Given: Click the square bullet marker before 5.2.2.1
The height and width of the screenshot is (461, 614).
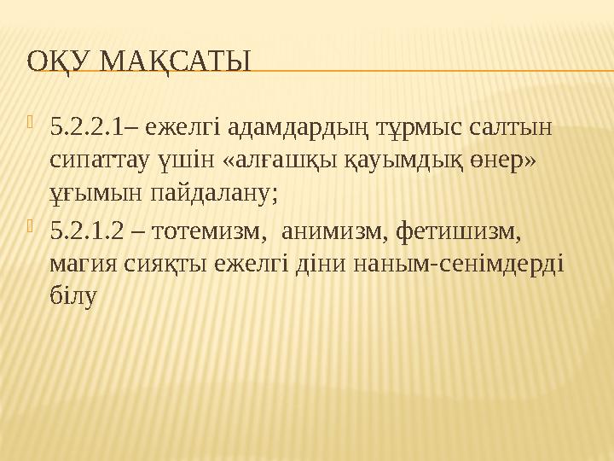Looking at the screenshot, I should pyautogui.click(x=32, y=126).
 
